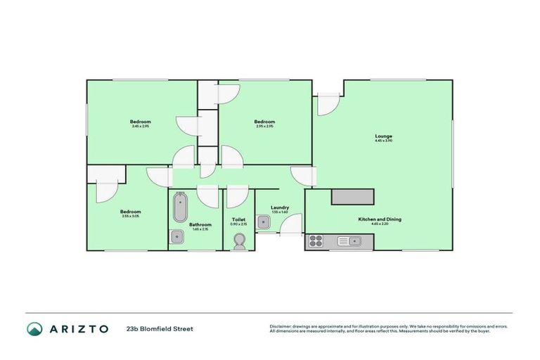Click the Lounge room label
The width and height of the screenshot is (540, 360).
pos(383,136)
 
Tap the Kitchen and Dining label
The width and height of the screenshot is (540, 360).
pos(380,219)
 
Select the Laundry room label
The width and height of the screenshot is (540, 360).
pos(280,207)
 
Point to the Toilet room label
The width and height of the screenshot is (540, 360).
pos(238,219)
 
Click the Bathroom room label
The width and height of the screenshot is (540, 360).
pos(200,224)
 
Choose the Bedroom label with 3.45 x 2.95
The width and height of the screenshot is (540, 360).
pos(141,122)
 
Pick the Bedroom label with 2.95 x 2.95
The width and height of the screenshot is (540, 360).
pos(264,122)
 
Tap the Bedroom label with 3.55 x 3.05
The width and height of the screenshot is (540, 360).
pos(130,212)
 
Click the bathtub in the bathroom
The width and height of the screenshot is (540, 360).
pos(180,208)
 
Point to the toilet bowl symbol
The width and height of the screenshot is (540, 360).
pos(238,241)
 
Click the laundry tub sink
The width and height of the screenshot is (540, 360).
pos(263,222)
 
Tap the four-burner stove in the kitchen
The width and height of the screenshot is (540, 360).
pos(316,242)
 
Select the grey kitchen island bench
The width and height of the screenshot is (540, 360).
pos(352,197)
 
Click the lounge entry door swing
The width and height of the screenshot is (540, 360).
pos(326,104)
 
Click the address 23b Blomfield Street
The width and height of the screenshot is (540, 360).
pos(160,328)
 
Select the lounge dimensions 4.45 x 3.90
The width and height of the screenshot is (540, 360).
pos(383,141)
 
